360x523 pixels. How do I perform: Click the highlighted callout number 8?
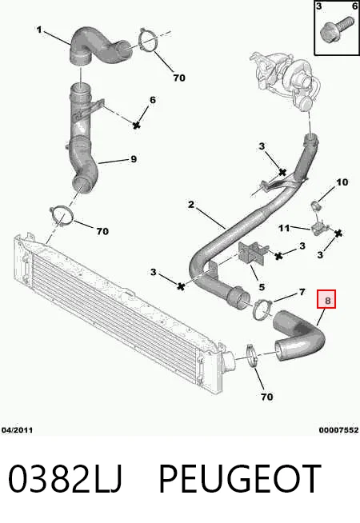327,300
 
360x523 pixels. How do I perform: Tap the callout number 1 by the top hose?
39,30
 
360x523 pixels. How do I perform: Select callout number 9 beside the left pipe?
134,159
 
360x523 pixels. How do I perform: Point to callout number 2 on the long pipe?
191,204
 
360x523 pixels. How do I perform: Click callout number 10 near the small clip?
342,182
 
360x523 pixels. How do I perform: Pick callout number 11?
284,228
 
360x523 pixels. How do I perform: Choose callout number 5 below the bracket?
262,287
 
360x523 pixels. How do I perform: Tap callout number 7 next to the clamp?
302,292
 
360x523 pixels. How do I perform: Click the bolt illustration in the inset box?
336,30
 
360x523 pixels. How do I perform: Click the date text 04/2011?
17,430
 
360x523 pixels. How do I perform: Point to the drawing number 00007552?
338,430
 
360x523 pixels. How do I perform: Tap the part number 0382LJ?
65,478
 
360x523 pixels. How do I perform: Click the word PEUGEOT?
240,478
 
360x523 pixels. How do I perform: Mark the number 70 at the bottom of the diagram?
266,397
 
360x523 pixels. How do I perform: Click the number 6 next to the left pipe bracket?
153,100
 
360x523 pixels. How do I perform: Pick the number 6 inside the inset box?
354,6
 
